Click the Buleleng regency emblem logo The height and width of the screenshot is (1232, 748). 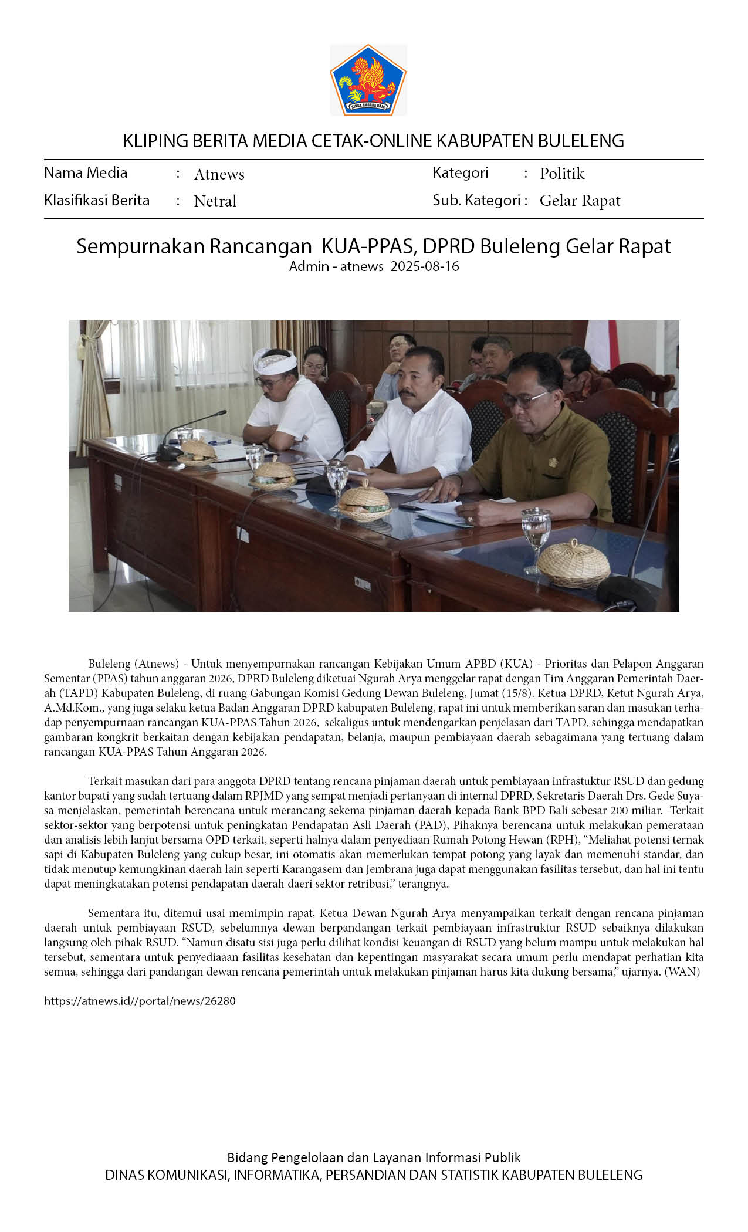tap(368, 79)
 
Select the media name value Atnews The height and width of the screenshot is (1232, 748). tap(219, 174)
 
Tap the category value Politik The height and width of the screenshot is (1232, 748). tap(562, 174)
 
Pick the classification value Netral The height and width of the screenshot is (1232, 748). tap(215, 201)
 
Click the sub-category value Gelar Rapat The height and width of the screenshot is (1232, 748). tap(580, 201)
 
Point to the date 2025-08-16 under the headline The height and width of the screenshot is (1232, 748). tap(425, 266)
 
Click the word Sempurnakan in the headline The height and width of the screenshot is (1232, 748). tap(140, 246)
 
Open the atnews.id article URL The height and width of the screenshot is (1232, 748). tap(140, 1001)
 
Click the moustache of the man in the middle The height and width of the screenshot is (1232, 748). tap(408, 391)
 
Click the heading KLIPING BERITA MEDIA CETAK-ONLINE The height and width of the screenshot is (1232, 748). tap(373, 141)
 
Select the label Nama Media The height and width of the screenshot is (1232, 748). tap(86, 172)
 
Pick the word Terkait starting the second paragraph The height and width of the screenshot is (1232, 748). tap(105, 781)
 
